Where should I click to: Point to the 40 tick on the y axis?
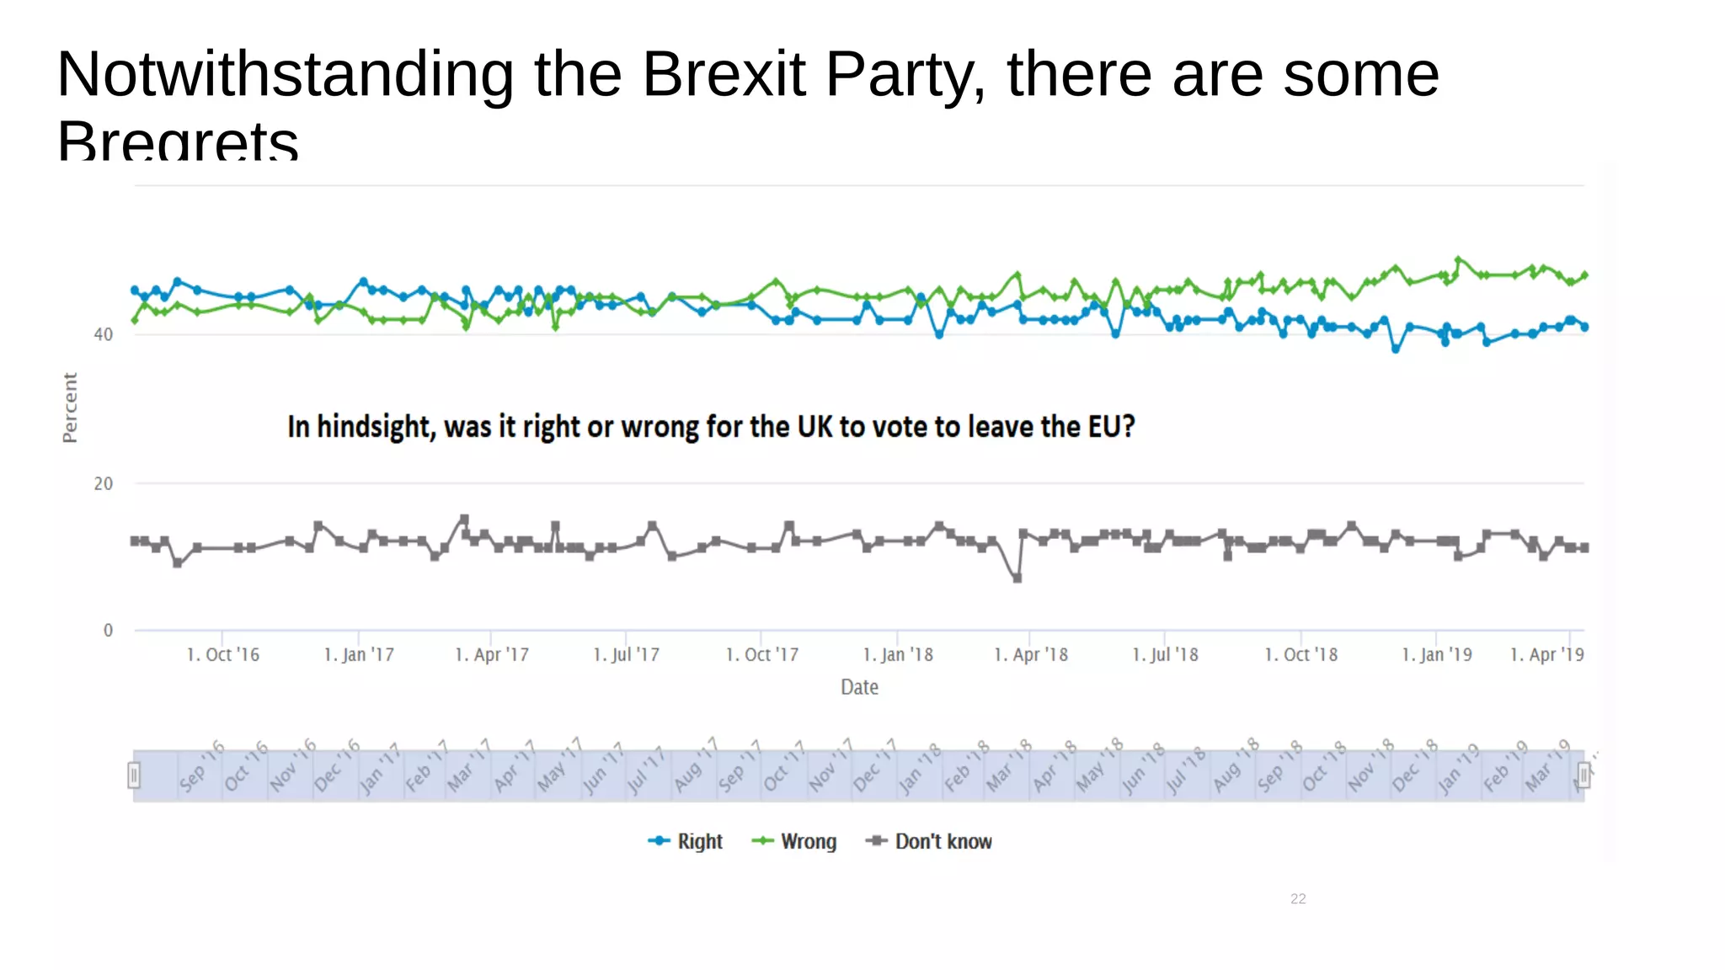pyautogui.click(x=103, y=334)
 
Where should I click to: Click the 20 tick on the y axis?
pyautogui.click(x=103, y=483)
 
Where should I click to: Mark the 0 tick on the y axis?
pyautogui.click(x=108, y=630)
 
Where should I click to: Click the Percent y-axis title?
pyautogui.click(x=70, y=408)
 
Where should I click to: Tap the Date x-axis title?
pyautogui.click(x=859, y=687)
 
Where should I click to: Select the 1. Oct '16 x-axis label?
pyautogui.click(x=222, y=654)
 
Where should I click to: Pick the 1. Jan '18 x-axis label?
pyautogui.click(x=898, y=654)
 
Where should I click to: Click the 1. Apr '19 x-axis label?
pyautogui.click(x=1546, y=654)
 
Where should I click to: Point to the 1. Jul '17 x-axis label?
pyautogui.click(x=626, y=654)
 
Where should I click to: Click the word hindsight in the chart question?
pyautogui.click(x=376, y=427)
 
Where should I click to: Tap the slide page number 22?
pyautogui.click(x=1298, y=898)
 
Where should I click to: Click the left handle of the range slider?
pyautogui.click(x=134, y=775)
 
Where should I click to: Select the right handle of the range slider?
pyautogui.click(x=1583, y=775)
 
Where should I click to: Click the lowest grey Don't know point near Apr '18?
pyautogui.click(x=1017, y=578)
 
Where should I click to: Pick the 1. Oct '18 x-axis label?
pyautogui.click(x=1300, y=654)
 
